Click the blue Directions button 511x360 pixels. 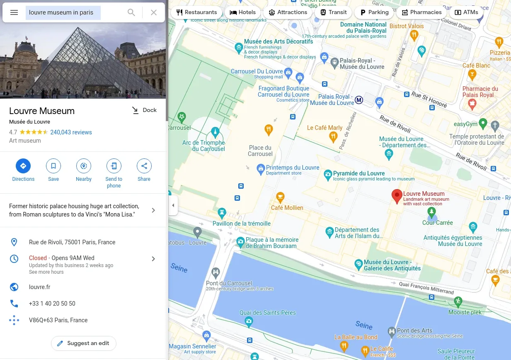coord(23,166)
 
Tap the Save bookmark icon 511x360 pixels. coord(53,166)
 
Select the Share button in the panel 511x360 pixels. coord(144,166)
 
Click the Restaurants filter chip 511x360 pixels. coord(196,12)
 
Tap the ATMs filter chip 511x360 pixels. coord(466,12)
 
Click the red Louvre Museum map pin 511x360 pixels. coord(397,196)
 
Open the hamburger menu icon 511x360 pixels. coord(14,12)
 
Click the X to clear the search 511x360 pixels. coord(154,12)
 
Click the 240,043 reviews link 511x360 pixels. coord(71,132)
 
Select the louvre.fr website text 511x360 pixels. coord(40,287)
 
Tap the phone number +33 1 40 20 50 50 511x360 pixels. coord(52,304)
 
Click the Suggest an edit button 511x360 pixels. coord(83,343)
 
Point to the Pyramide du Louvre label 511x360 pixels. coord(359,173)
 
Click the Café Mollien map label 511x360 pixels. coord(287,208)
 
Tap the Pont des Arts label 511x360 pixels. coord(414,331)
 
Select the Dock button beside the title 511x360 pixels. coord(144,110)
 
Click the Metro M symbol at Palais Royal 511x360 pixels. coord(359,100)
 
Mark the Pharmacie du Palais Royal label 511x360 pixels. coord(480,92)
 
